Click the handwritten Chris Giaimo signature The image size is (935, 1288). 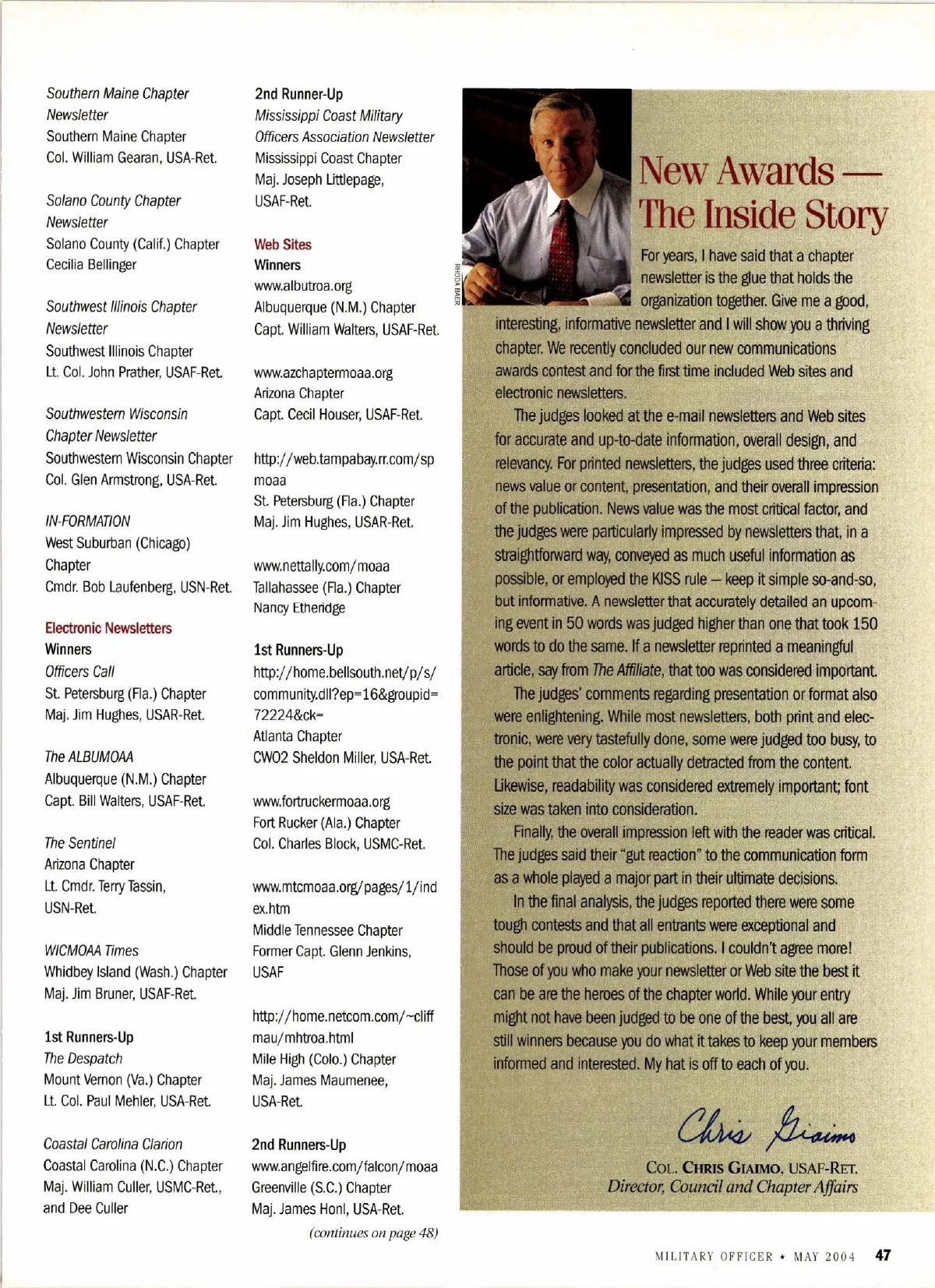tap(767, 1126)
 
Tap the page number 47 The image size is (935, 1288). tap(883, 1255)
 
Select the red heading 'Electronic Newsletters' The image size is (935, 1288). tap(108, 628)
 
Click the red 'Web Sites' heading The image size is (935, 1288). tap(282, 245)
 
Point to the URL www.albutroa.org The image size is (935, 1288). tap(302, 286)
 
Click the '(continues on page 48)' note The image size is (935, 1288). tap(373, 1233)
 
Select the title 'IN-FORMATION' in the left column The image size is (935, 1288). tap(87, 521)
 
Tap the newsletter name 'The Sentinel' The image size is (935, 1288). tap(79, 843)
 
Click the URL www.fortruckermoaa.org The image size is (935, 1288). tap(321, 801)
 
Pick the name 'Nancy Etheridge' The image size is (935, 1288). tap(298, 608)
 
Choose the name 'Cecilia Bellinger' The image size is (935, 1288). tap(90, 265)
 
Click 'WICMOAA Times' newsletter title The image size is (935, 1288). tap(91, 951)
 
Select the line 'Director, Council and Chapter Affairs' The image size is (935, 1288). tap(732, 1187)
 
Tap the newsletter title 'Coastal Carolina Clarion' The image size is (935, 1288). tap(113, 1144)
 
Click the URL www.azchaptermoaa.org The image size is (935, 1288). tap(323, 372)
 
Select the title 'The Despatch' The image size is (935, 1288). tap(83, 1058)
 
